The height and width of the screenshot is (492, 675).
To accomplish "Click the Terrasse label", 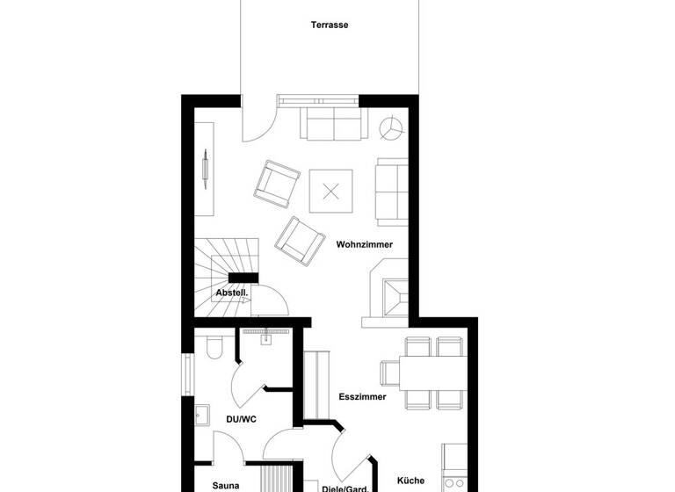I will click(330, 25).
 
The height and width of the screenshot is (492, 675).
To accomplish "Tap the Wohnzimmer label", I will click(364, 244).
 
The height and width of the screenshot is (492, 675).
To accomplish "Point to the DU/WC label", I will click(241, 419).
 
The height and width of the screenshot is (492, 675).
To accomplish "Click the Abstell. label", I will click(232, 293).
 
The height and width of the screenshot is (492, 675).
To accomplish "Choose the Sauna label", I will click(226, 484).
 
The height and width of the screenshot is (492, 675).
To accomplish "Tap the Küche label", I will click(410, 481).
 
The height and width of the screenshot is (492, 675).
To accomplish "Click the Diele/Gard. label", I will click(345, 488).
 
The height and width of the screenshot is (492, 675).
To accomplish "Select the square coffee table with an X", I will click(330, 191).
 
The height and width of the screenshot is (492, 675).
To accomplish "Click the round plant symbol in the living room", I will click(390, 128).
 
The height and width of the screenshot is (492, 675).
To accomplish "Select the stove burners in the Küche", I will click(455, 482).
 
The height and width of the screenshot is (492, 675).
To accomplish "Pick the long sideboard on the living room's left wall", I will click(205, 169).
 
